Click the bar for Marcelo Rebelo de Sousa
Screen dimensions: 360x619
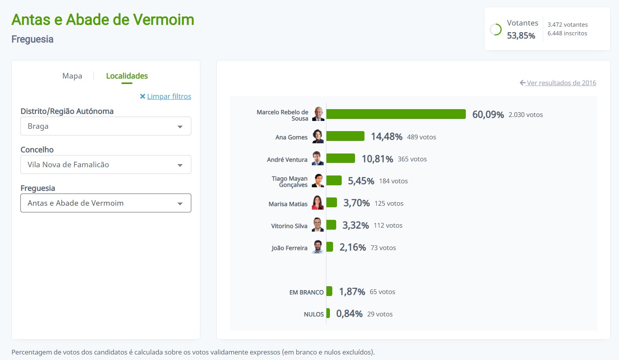pos(396,114)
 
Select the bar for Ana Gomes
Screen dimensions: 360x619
pos(345,136)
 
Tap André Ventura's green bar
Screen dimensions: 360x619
pos(341,158)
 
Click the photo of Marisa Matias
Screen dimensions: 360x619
pos(318,203)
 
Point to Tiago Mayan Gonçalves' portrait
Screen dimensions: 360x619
pos(318,181)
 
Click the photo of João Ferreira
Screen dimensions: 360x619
pos(318,247)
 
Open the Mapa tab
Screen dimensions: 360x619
pos(72,76)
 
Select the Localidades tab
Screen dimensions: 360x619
pos(127,76)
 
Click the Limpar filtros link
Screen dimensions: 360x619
pos(169,96)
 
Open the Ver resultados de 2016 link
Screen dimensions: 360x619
pos(561,83)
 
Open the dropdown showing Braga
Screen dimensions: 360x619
pos(106,126)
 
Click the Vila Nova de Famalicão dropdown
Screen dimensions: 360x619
pos(106,164)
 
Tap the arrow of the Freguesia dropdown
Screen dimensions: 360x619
pos(180,203)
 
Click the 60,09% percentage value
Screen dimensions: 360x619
pos(488,115)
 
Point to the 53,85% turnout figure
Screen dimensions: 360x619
pos(521,36)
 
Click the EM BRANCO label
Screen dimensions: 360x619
pos(306,292)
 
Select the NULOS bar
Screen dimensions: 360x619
pos(328,313)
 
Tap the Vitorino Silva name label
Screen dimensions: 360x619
pos(289,226)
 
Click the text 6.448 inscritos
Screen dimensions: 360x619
pos(567,33)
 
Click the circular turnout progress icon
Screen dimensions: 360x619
pos(496,29)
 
